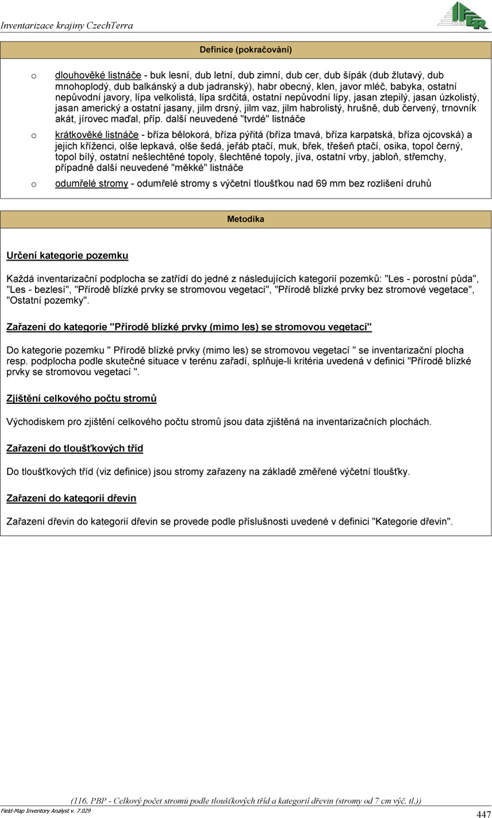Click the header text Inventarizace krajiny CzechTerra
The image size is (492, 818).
67,25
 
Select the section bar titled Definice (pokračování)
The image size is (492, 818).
246,50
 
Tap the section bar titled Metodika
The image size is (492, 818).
246,219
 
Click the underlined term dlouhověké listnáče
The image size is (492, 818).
98,75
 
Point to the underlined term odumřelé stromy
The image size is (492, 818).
91,184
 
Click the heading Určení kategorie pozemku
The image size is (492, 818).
67,256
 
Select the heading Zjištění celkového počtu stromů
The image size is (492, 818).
82,399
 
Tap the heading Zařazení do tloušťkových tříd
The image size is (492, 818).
75,449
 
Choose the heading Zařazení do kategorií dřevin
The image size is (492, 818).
71,499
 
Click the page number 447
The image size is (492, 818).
483,814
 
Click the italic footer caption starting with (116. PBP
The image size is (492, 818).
246,801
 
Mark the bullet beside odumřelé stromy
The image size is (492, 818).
34,184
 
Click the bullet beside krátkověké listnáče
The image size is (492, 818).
34,136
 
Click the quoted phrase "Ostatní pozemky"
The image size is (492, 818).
48,300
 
